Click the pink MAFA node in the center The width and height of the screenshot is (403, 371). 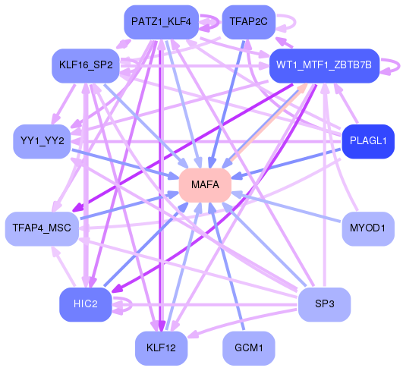click(205, 185)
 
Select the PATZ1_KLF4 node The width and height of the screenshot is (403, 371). click(162, 22)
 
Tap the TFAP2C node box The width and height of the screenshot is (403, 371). click(248, 22)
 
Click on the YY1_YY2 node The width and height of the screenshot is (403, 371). click(43, 141)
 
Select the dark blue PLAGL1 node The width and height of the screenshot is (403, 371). click(368, 141)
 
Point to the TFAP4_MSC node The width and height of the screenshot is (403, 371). click(43, 228)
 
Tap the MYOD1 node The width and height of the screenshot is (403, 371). click(368, 228)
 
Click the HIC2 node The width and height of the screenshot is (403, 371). click(85, 304)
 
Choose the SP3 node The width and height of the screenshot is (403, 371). click(324, 304)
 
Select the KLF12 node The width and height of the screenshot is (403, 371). click(162, 348)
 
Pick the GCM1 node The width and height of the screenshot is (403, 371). click(248, 348)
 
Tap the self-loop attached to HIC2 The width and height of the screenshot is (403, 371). click(125, 305)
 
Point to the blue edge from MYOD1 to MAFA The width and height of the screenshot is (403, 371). click(288, 207)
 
